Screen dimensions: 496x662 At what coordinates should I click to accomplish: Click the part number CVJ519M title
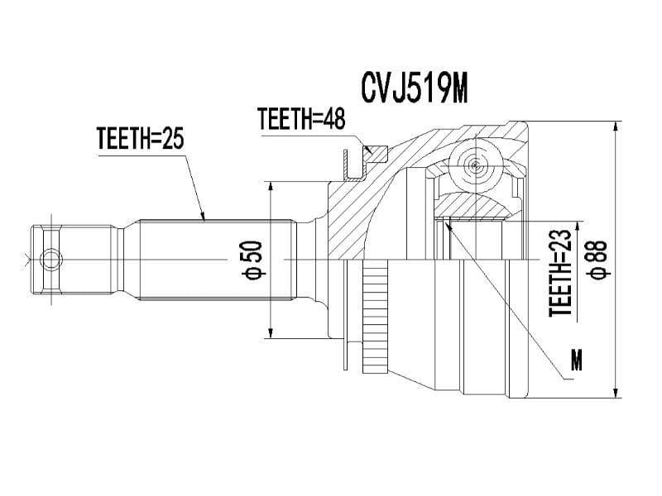pos(415,87)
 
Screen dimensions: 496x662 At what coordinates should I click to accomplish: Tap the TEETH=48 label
pos(300,120)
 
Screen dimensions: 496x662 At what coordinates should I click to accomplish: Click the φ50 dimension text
pos(253,260)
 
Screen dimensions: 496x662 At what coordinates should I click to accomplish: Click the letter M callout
pos(577,360)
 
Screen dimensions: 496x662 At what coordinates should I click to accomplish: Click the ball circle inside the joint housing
pos(475,165)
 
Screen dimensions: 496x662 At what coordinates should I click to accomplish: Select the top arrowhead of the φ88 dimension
pos(615,128)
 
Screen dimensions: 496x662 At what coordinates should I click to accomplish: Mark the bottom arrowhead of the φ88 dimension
pos(615,392)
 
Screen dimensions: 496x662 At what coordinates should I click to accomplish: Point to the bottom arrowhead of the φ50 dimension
pos(271,334)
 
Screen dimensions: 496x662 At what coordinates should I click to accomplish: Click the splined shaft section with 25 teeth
pos(215,260)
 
